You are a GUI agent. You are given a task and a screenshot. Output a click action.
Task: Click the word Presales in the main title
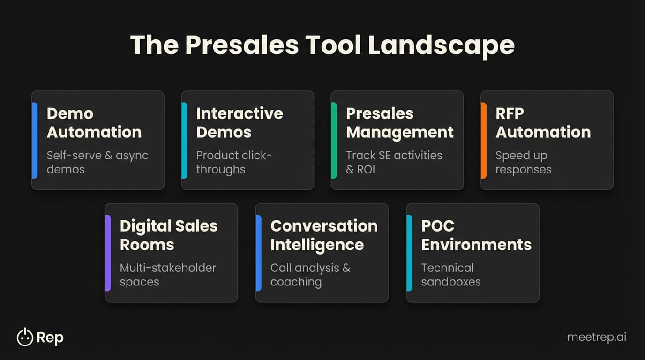[241, 45]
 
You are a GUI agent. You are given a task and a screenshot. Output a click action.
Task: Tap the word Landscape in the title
[441, 45]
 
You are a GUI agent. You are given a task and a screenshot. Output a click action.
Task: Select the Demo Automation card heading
[94, 123]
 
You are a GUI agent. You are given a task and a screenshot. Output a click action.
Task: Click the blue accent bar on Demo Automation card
[35, 141]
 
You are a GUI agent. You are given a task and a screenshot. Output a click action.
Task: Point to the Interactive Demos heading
[240, 123]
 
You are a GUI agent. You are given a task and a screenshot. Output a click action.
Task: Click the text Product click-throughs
[234, 162]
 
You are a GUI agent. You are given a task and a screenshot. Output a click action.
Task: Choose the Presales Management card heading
[399, 123]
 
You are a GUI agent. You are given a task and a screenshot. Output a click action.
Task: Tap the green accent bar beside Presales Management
[334, 141]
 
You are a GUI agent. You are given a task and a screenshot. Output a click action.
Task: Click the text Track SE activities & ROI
[394, 162]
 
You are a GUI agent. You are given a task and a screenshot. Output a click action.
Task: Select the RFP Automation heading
[543, 123]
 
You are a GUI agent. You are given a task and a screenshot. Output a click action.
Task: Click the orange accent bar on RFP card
[483, 141]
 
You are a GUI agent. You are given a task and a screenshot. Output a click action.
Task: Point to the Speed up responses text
[523, 162]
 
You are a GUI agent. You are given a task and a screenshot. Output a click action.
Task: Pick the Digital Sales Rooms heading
[169, 235]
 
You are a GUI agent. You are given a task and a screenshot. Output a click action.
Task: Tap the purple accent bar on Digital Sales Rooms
[108, 253]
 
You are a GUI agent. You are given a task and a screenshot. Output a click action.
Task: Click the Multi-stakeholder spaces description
[168, 275]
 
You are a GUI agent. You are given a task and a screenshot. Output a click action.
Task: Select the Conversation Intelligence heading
[323, 235]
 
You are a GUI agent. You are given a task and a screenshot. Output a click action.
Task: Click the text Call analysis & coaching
[310, 275]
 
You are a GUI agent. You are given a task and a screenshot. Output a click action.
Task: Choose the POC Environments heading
[476, 235]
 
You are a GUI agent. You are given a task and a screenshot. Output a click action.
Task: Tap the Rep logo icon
[25, 337]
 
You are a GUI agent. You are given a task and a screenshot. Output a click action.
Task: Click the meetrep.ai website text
[596, 337]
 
